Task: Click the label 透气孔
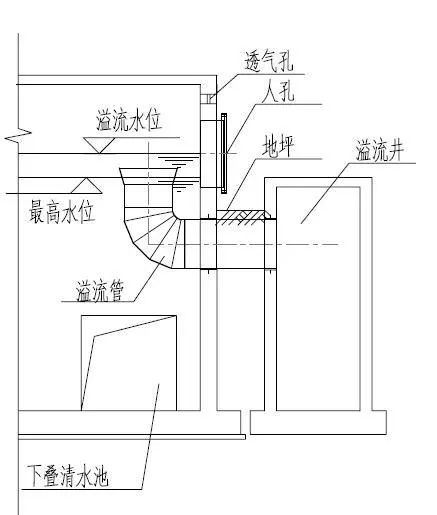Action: (x=269, y=61)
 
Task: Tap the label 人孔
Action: (x=278, y=91)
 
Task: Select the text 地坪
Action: (x=278, y=146)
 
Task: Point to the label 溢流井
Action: (x=380, y=151)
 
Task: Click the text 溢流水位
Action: (x=129, y=120)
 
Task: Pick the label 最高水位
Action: (x=62, y=211)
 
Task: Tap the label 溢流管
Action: (x=100, y=291)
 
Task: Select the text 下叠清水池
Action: (x=68, y=475)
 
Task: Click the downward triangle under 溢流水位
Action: (x=99, y=145)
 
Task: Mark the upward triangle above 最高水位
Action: (x=86, y=186)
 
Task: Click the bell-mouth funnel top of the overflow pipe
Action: (x=149, y=176)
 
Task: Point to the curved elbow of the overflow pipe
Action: (x=152, y=237)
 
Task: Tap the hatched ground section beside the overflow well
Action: (x=246, y=217)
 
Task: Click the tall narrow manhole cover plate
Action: (x=224, y=153)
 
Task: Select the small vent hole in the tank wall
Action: (x=208, y=99)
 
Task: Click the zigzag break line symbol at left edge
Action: (x=18, y=134)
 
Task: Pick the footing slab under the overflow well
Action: (x=318, y=422)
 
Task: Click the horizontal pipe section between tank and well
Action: (x=230, y=244)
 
